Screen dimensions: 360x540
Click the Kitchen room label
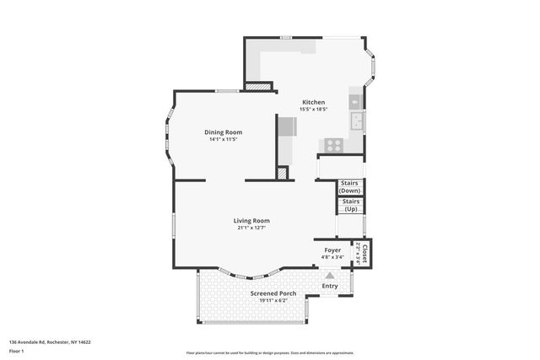click(313, 103)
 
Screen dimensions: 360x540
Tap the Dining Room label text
click(224, 132)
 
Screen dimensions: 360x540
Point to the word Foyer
click(332, 250)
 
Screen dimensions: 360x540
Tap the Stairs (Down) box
click(350, 186)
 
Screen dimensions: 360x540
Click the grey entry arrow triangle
click(330, 275)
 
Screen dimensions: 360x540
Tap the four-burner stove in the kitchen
click(333, 145)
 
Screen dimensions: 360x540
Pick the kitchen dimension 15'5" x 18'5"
click(313, 110)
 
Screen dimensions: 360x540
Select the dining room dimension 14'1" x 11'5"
click(224, 139)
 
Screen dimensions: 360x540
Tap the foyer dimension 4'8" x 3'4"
click(332, 256)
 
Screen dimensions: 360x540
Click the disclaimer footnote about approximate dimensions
click(270, 353)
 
